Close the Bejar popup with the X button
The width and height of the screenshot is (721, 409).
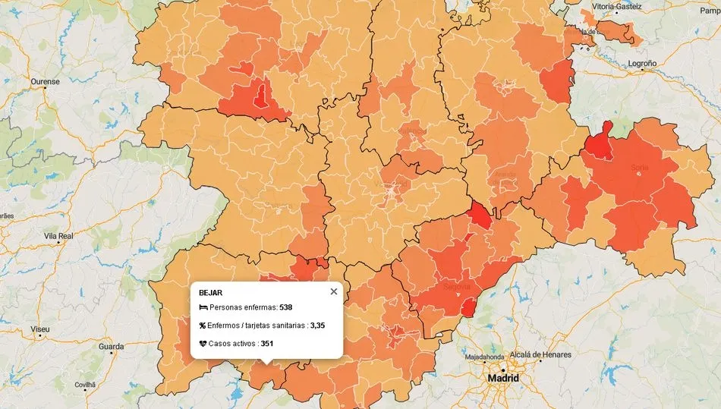tap(334, 291)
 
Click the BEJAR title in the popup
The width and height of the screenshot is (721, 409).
tap(211, 292)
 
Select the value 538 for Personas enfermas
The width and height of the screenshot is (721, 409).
tap(286, 307)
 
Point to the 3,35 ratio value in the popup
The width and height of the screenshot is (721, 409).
tap(317, 326)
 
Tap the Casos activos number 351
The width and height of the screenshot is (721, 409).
tap(267, 344)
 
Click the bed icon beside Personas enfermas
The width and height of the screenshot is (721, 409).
tap(203, 307)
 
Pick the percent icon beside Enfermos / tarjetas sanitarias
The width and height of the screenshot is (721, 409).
tap(203, 326)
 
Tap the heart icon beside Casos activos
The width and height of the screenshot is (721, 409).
tap(203, 344)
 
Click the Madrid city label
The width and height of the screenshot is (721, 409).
tap(503, 378)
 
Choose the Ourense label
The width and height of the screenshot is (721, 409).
tap(45, 81)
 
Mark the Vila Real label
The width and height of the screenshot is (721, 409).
tap(58, 236)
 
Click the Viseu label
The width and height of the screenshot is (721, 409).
tap(39, 329)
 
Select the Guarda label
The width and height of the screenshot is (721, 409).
tap(111, 347)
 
